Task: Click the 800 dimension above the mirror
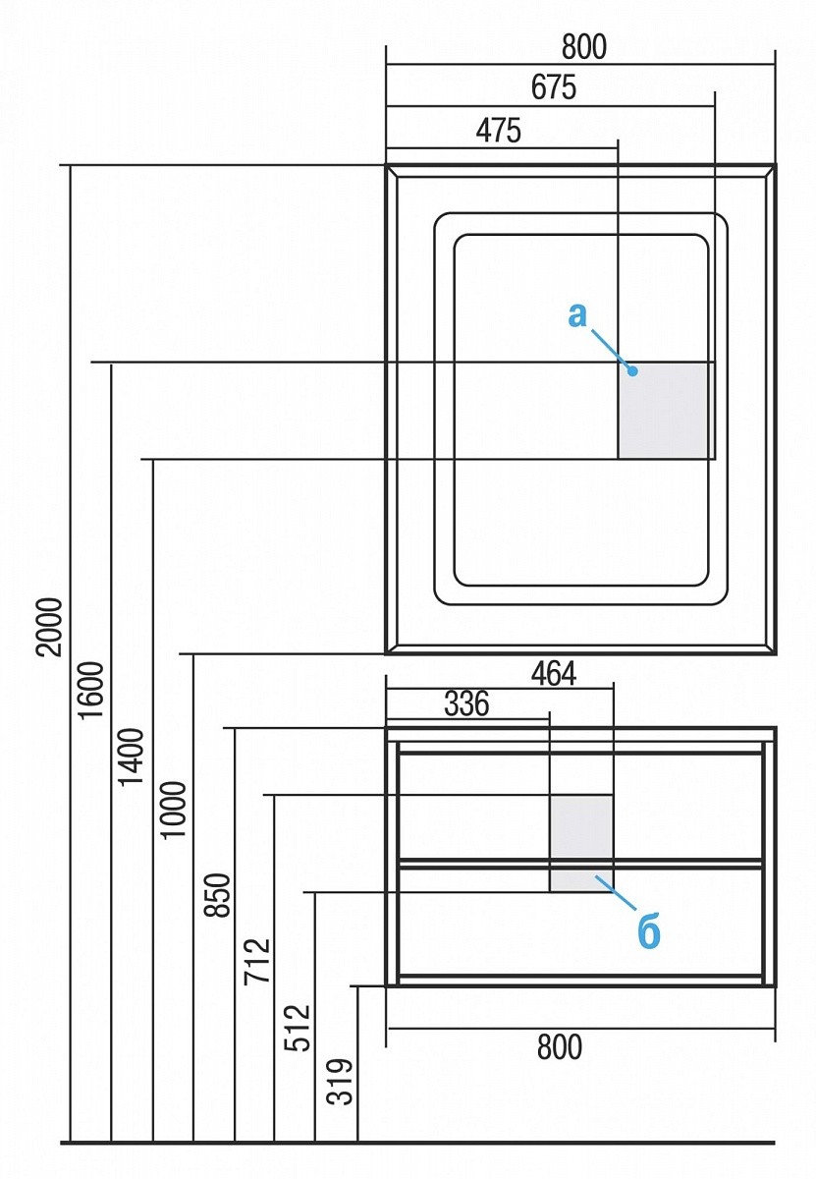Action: (585, 46)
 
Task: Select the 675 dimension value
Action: (554, 87)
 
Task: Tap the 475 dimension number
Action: (499, 131)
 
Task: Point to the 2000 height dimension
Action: (49, 627)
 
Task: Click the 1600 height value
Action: (91, 691)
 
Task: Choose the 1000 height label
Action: (173, 809)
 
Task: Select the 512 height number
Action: (298, 1028)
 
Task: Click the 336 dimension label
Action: (466, 704)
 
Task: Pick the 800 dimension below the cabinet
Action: (560, 1048)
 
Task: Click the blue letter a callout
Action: (577, 315)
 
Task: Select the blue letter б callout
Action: (649, 933)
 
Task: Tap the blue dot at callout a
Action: (633, 371)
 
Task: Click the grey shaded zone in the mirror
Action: (665, 411)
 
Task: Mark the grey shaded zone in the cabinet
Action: (580, 843)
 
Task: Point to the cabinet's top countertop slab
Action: (580, 733)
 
